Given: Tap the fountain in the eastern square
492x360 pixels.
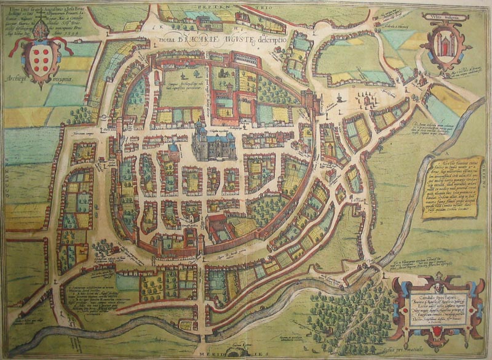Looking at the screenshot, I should click(x=340, y=98).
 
